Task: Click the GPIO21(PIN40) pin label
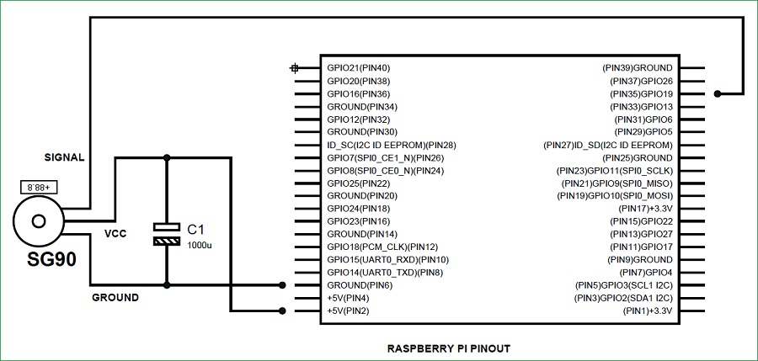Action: coord(358,68)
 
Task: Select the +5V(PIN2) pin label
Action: coord(348,311)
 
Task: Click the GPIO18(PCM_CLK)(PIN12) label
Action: coord(382,247)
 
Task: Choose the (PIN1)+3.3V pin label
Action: coord(648,311)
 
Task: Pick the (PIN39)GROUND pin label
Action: coord(637,68)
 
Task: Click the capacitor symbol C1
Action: coord(167,234)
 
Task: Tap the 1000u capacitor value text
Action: coord(200,244)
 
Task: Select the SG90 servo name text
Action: coord(46,259)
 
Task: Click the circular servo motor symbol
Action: coord(39,221)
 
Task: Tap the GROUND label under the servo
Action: coord(115,297)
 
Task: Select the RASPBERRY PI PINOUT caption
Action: coord(448,348)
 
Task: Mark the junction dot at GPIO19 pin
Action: coord(717,93)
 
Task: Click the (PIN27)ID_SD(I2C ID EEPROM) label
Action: coord(609,146)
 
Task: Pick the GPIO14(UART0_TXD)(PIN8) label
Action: coord(384,273)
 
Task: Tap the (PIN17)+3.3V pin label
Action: coord(646,208)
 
